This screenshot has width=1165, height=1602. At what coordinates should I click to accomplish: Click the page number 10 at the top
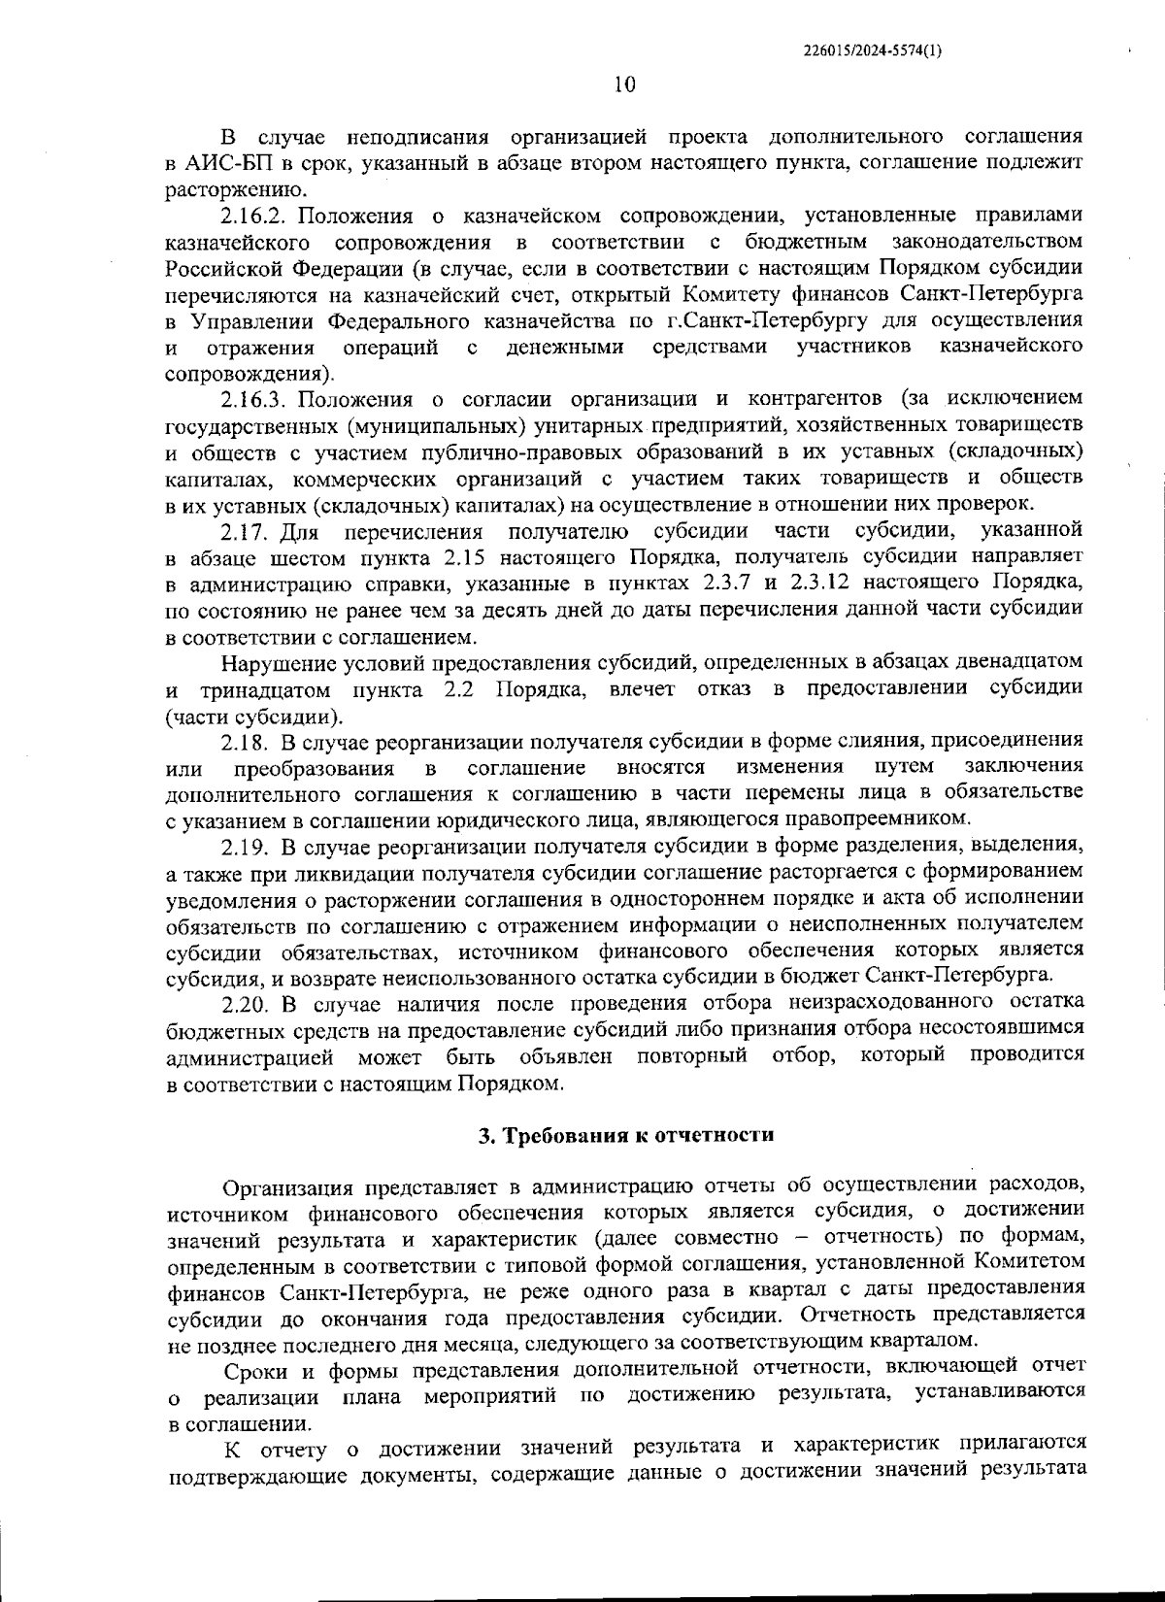(x=624, y=84)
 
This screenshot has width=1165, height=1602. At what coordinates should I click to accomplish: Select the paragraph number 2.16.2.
(x=256, y=215)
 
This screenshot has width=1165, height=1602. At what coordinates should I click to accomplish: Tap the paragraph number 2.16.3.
(x=256, y=399)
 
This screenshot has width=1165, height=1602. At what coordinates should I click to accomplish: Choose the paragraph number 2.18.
(x=245, y=742)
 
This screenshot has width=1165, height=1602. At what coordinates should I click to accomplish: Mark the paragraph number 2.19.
(x=245, y=846)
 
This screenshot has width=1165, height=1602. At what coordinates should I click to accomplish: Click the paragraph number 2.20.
(x=246, y=1002)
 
